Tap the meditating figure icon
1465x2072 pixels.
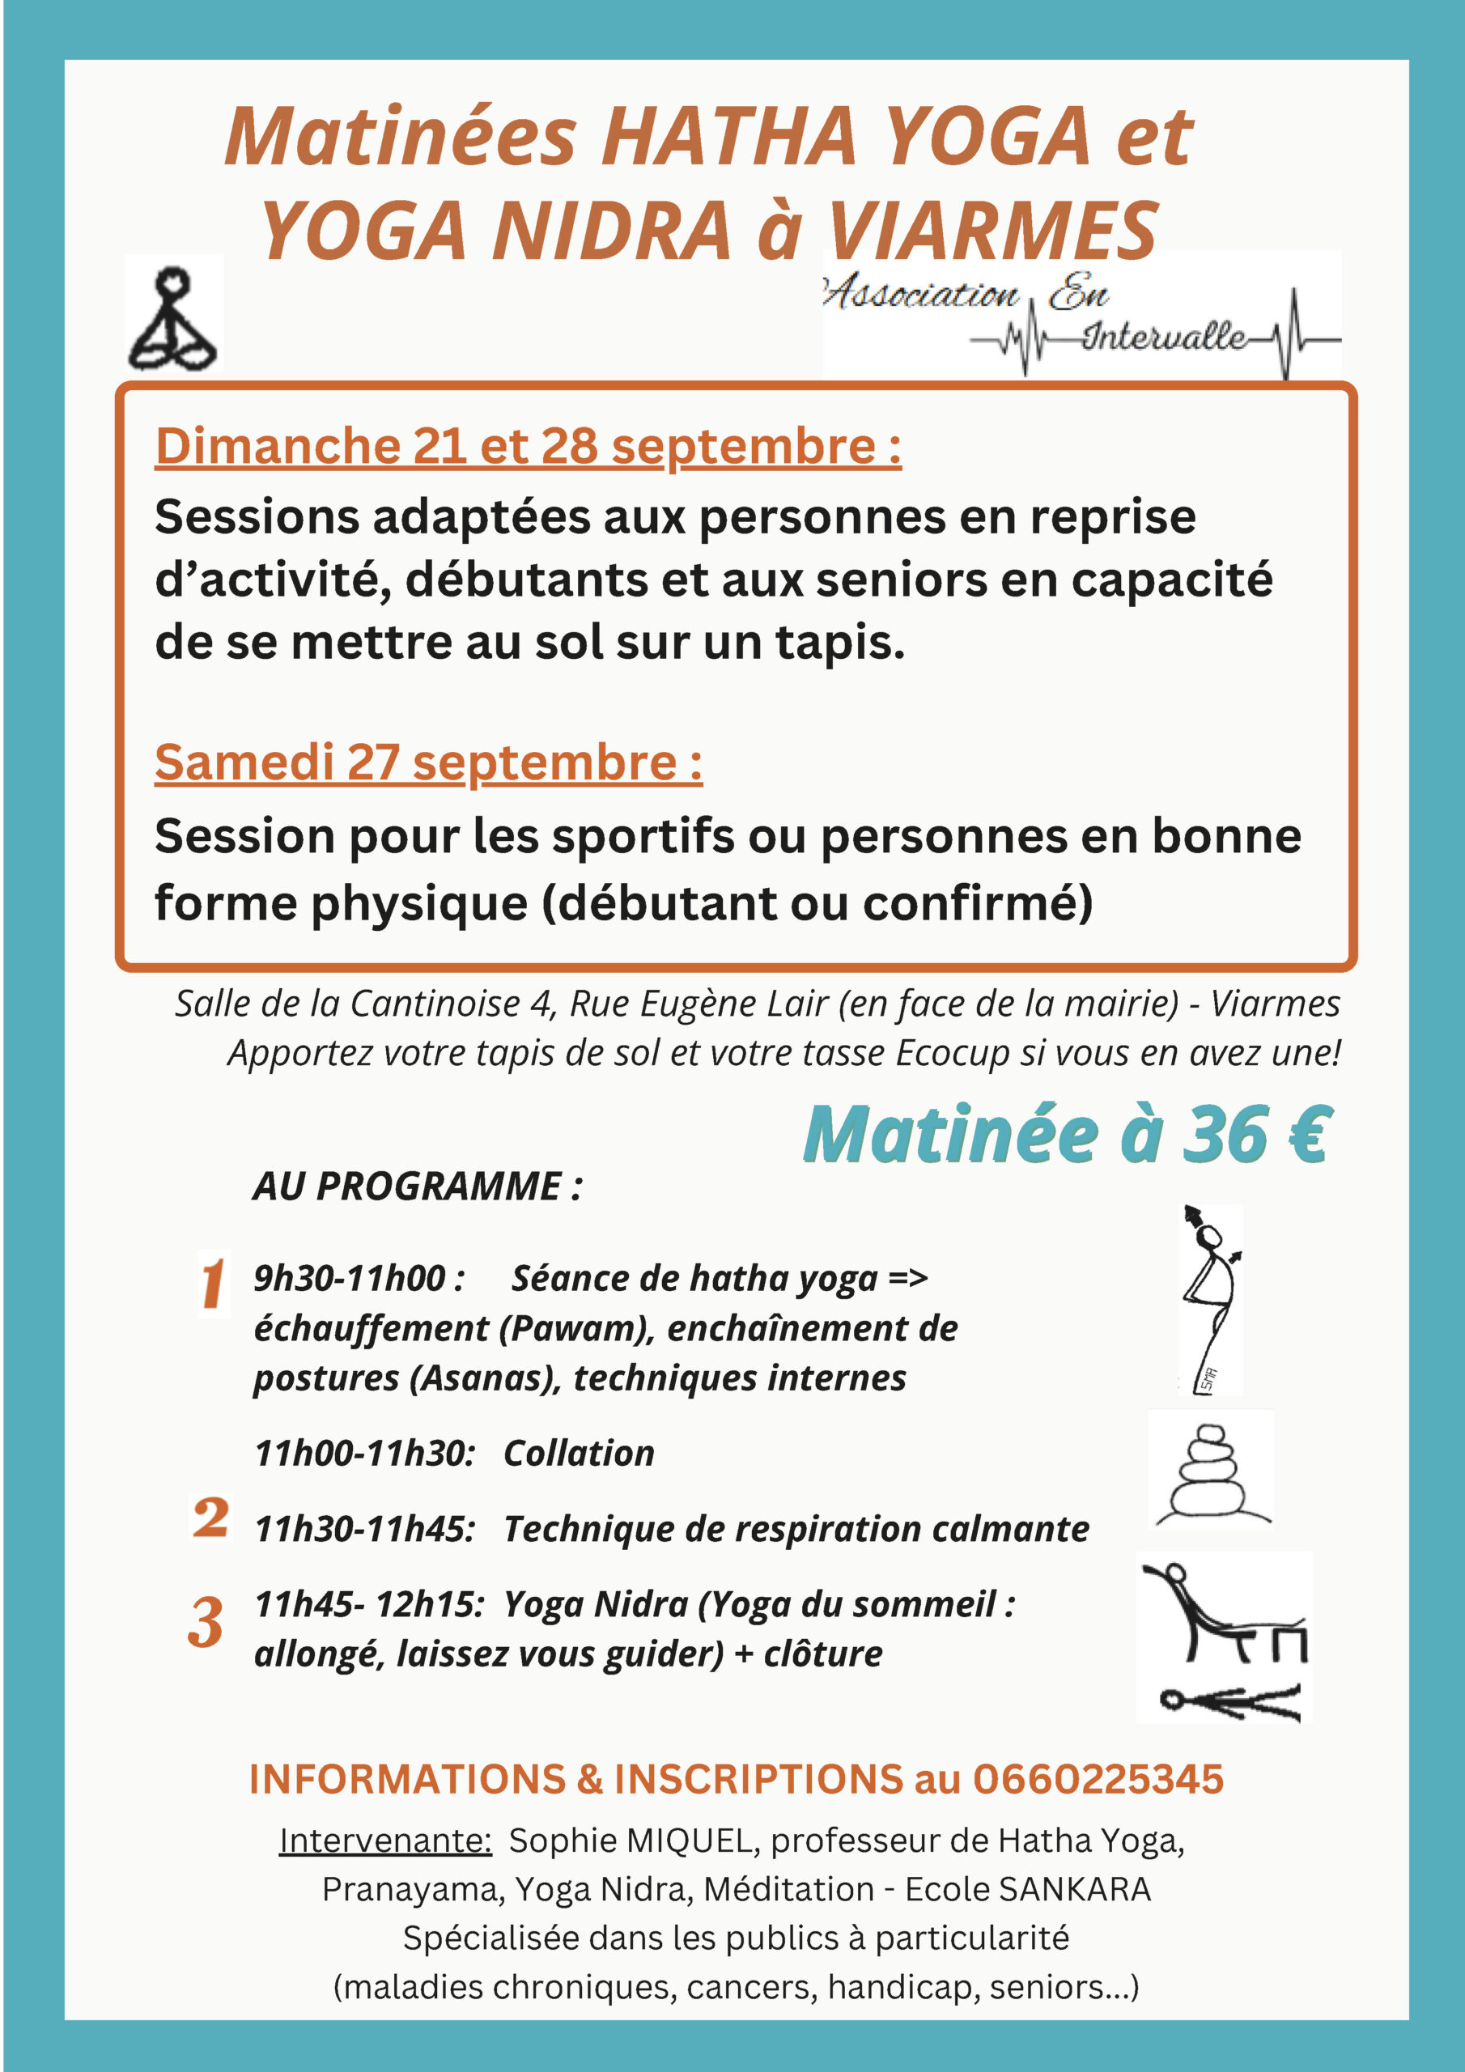173,313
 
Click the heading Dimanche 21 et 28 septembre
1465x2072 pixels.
528,446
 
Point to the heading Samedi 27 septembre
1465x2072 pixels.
428,762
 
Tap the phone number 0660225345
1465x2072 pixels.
1097,1779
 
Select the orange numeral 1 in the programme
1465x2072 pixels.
213,1284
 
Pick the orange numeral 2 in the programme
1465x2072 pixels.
210,1517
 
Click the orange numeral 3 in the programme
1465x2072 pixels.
206,1624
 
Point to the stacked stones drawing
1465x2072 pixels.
1211,1469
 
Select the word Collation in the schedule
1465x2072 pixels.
579,1454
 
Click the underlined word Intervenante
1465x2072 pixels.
385,1840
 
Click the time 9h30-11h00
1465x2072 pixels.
359,1278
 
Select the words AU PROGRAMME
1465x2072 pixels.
417,1186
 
